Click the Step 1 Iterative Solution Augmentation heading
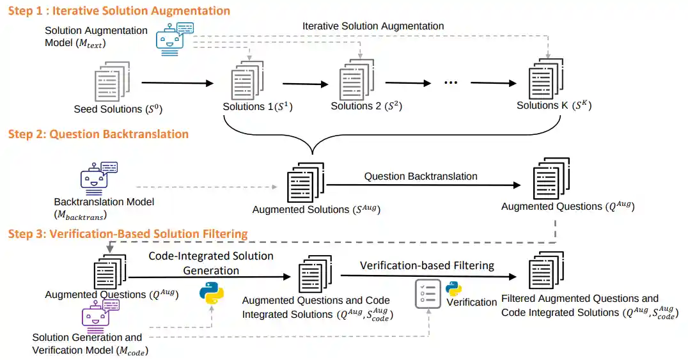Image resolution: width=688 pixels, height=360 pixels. coord(119,11)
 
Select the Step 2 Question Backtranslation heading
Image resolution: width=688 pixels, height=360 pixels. coord(98,134)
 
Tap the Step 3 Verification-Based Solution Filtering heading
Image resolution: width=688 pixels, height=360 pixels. coord(128,234)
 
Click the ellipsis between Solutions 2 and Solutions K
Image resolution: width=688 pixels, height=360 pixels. coord(451,83)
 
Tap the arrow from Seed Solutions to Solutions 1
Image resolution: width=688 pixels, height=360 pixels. coord(176,83)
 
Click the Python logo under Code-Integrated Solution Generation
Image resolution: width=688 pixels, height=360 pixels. coord(212,293)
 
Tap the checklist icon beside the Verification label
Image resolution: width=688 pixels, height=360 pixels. coord(428,293)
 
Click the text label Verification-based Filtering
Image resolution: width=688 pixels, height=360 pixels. coord(426,265)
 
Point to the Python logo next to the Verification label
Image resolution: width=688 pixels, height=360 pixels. coord(454,288)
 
